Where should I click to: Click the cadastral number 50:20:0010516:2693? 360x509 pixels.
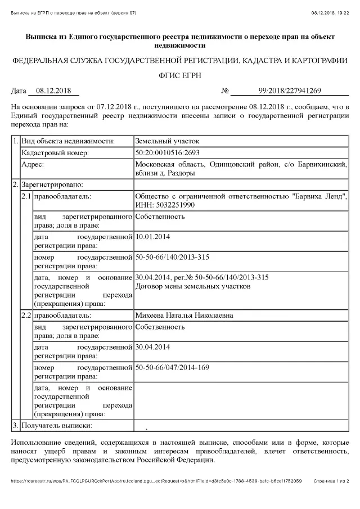pyautogui.click(x=168, y=152)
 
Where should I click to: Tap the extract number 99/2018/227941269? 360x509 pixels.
pyautogui.click(x=290, y=90)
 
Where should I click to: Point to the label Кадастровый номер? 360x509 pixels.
pyautogui.click(x=55, y=152)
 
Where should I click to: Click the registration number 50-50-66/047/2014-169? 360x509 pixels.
pyautogui.click(x=172, y=367)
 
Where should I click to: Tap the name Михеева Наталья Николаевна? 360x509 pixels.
pyautogui.click(x=184, y=316)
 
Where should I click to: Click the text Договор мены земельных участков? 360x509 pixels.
pyautogui.click(x=193, y=286)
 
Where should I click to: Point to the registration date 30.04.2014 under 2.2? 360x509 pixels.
pyautogui.click(x=154, y=347)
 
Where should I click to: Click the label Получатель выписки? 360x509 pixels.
pyautogui.click(x=56, y=425)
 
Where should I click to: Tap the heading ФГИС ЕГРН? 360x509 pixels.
pyautogui.click(x=179, y=75)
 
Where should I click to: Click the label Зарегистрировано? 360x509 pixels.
pyautogui.click(x=52, y=184)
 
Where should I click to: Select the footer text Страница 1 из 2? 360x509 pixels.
pyautogui.click(x=331, y=481)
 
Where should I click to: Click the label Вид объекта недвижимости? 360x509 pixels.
pyautogui.click(x=68, y=141)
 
